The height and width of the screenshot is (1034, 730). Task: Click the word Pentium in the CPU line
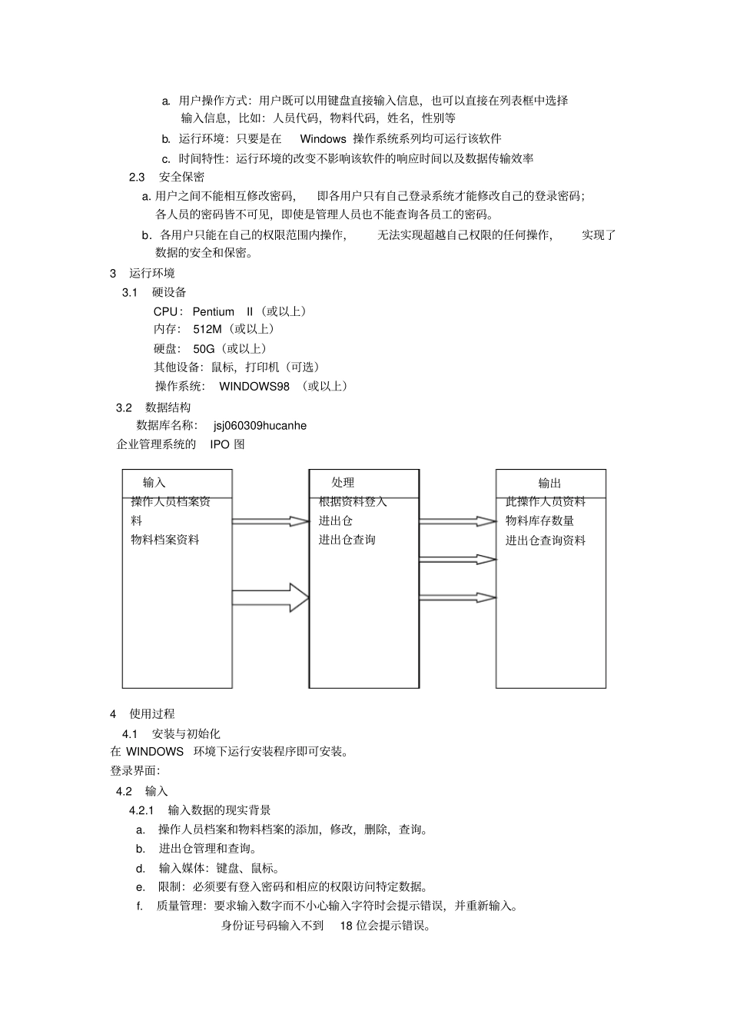(214, 311)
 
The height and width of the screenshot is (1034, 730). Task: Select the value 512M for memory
(207, 329)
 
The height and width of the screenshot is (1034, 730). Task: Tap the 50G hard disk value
(204, 349)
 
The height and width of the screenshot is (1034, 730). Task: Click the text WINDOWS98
(254, 386)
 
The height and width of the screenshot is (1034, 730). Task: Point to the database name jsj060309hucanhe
(260, 425)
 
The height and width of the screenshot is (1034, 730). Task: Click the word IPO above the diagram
(220, 444)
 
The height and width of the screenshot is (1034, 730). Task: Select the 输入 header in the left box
(154, 482)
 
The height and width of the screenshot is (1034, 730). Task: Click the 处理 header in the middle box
(343, 482)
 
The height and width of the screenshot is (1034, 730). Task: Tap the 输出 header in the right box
(549, 483)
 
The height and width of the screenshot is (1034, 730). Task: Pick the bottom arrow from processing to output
(458, 597)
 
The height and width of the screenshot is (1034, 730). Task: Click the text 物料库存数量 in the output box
(539, 520)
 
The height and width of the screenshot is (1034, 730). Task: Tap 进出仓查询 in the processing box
(347, 540)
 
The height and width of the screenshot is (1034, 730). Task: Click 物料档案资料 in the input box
(165, 540)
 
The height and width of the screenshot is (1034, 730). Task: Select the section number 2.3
(137, 177)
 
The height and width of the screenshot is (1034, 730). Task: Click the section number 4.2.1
(142, 810)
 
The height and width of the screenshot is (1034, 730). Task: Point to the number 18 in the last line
(346, 926)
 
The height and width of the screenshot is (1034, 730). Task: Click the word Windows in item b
(323, 139)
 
